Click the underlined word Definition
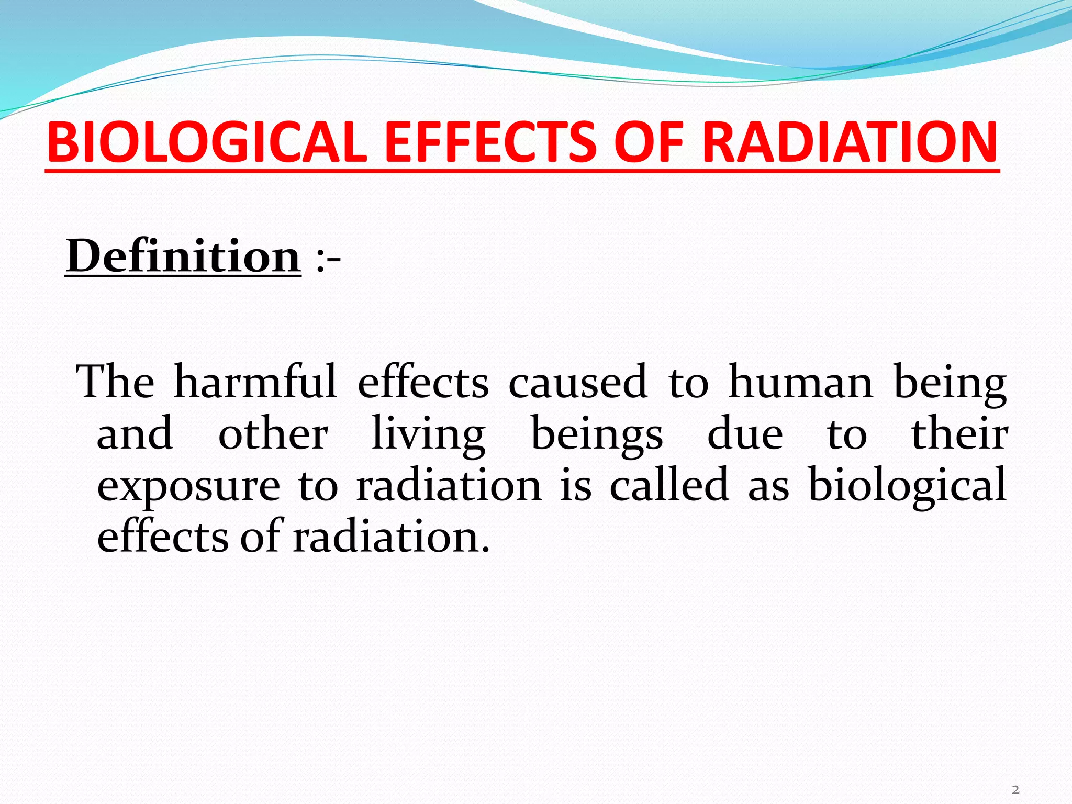pos(183,256)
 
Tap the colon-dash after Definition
pos(328,259)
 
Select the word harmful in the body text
pos(255,382)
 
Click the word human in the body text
pos(801,382)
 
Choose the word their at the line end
pos(959,434)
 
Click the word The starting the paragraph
pos(115,382)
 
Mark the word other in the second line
pos(273,434)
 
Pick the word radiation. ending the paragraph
pos(391,537)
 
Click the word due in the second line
pos(745,434)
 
